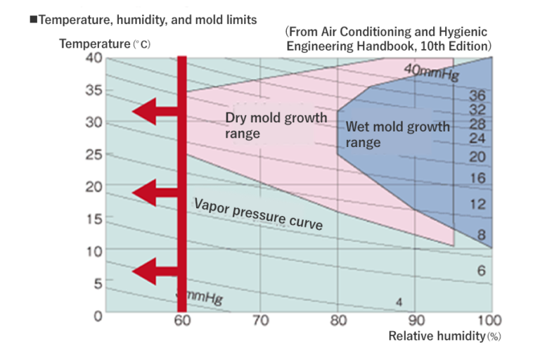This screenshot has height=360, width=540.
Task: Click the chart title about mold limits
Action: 142,19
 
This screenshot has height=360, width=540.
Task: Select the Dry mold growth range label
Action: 276,125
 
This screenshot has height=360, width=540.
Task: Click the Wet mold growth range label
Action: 397,134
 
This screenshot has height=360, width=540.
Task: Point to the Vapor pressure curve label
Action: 258,214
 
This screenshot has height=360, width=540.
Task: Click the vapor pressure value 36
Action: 477,96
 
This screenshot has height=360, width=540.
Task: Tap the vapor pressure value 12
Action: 477,205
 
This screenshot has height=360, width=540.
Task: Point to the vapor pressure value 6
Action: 481,271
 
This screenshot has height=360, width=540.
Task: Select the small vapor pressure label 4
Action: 399,302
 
